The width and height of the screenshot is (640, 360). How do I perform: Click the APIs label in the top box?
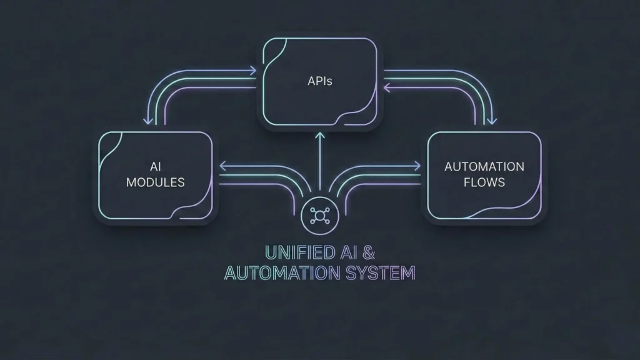pyautogui.click(x=319, y=81)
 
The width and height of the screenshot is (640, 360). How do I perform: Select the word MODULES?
pyautogui.click(x=156, y=182)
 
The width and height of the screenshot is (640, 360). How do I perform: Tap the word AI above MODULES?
pyautogui.click(x=156, y=167)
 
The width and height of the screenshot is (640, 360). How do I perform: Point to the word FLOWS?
pyautogui.click(x=484, y=182)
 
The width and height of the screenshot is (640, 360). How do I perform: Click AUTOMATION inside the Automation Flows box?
pyautogui.click(x=484, y=167)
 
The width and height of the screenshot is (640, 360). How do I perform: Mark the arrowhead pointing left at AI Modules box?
pyautogui.click(x=222, y=166)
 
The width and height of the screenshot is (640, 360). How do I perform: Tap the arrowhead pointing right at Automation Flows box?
pyautogui.click(x=417, y=166)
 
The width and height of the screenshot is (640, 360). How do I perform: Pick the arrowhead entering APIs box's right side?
pyautogui.click(x=387, y=89)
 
